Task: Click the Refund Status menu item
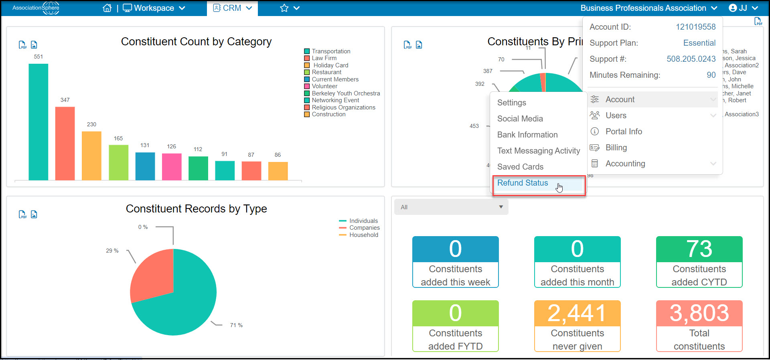tap(523, 183)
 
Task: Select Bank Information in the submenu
tap(527, 135)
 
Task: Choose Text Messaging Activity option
tap(539, 151)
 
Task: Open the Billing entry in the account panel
tap(616, 148)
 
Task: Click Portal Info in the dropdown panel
tap(624, 131)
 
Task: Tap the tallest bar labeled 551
tap(38, 122)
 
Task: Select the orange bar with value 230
tap(91, 156)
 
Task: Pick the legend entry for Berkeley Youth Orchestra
tap(342, 93)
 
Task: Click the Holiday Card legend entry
tap(326, 65)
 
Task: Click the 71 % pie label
tap(236, 325)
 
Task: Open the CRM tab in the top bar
tap(232, 8)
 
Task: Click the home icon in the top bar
tap(107, 8)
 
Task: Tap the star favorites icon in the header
tap(284, 8)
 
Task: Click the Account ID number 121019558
tap(696, 27)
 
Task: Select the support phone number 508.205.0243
tap(691, 59)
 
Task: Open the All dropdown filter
tap(451, 207)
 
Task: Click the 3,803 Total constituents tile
tap(699, 326)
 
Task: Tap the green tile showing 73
tap(699, 262)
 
